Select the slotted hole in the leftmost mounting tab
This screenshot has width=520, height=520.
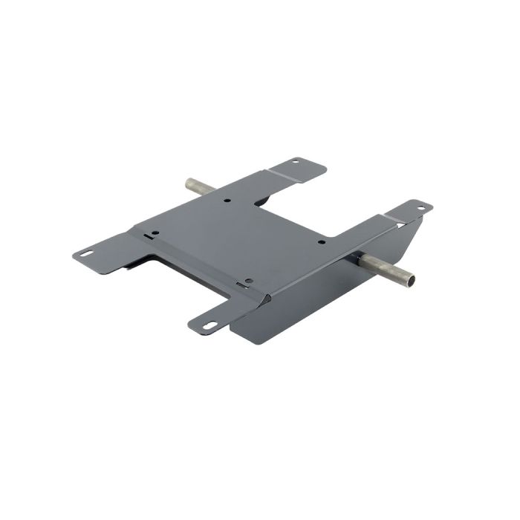88,253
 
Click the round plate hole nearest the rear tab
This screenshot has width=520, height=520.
228,200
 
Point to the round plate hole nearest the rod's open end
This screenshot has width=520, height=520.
321,241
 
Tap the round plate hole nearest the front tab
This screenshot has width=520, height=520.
248,281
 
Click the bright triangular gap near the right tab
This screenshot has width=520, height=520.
401,222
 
